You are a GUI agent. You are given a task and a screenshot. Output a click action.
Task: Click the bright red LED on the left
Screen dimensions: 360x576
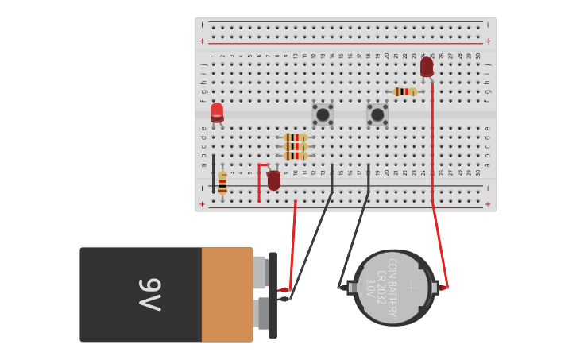point(217,112)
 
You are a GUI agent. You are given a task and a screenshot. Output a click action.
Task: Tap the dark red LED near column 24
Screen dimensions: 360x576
point(427,67)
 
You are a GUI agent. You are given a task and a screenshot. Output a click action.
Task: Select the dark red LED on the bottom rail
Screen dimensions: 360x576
point(273,180)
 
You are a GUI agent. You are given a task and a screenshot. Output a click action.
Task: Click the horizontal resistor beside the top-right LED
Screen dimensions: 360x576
point(405,92)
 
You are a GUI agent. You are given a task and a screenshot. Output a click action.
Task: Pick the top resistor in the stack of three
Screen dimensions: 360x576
point(296,137)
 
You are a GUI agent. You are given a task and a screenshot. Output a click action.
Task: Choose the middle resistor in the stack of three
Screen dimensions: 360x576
point(296,146)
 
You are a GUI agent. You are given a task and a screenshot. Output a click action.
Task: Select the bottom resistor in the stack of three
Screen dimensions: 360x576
point(296,156)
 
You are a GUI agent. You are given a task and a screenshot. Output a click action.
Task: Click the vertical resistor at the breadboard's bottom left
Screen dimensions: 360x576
point(222,183)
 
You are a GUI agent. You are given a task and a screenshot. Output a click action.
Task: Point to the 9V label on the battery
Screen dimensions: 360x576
point(149,295)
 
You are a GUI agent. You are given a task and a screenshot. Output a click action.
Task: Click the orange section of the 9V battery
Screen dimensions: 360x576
point(226,295)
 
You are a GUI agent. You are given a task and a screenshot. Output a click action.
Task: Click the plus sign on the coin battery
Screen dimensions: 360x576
point(410,288)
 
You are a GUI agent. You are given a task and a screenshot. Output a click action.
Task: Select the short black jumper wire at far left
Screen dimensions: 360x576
point(213,172)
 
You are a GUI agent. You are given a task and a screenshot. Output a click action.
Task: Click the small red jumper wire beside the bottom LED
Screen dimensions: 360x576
point(259,181)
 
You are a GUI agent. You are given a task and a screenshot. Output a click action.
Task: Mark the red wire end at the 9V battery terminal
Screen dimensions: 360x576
point(284,289)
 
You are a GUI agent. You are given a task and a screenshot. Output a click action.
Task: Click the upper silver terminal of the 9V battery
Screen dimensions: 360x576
point(259,273)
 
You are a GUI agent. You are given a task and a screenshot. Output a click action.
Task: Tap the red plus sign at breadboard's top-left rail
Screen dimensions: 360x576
point(202,41)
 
